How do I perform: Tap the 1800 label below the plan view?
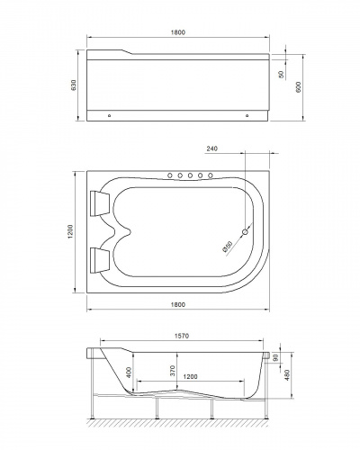[x=180, y=305]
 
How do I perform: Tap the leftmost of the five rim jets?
[x=168, y=175]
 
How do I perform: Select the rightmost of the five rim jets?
[x=212, y=175]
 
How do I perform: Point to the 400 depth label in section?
[x=130, y=372]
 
